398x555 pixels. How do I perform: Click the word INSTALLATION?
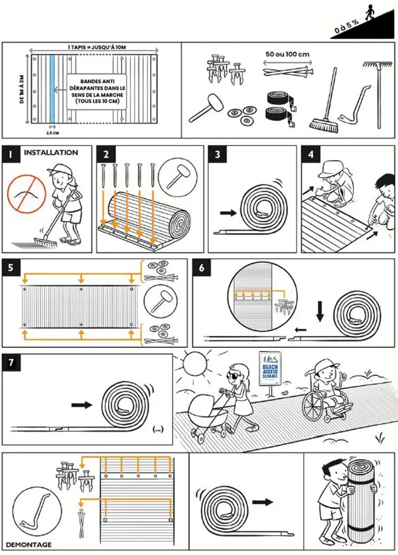pos(51,153)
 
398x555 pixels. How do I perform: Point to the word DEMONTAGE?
pos(27,544)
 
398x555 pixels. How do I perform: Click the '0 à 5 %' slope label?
pos(346,27)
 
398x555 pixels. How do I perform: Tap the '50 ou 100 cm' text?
pos(288,53)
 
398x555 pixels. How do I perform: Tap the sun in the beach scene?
pos(196,365)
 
